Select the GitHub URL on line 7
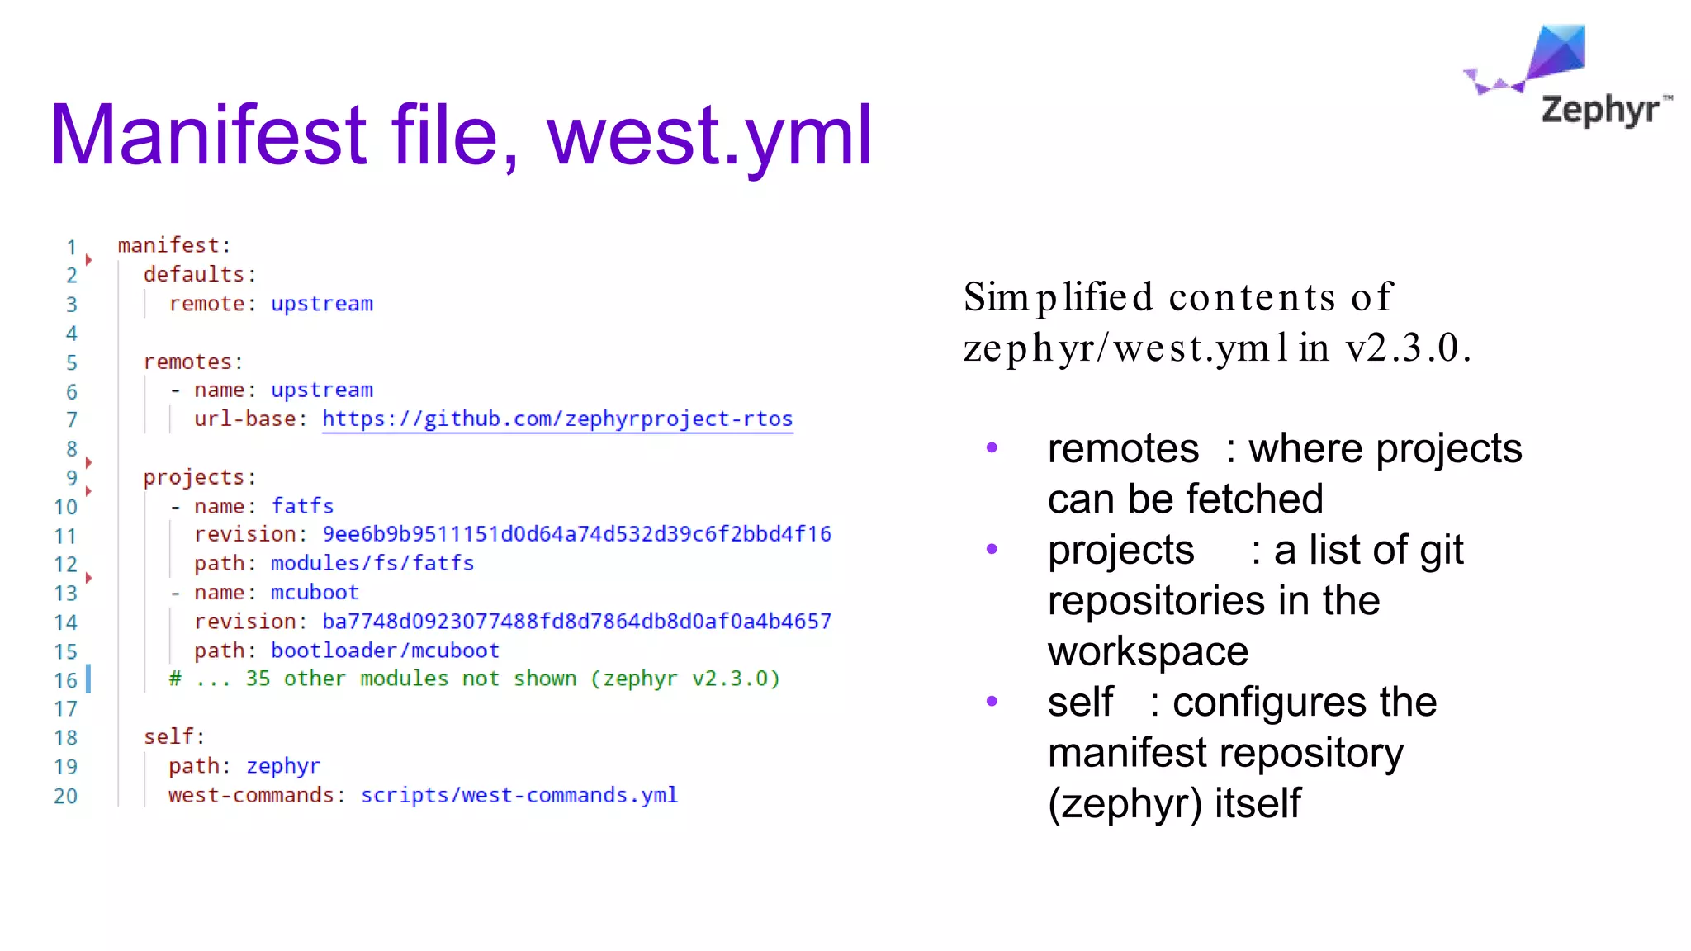tap(557, 419)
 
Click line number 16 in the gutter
tap(65, 680)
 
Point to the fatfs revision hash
tap(576, 534)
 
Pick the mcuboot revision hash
tap(576, 622)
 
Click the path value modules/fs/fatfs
tap(372, 563)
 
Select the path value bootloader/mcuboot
tap(385, 651)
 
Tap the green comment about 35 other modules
tap(474, 679)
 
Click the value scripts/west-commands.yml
tap(519, 795)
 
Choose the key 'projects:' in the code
tap(199, 477)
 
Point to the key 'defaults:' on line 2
tap(199, 274)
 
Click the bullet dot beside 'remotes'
tap(992, 448)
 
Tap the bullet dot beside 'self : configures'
tap(992, 702)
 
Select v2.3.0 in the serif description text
tap(1407, 348)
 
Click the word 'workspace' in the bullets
tap(1148, 651)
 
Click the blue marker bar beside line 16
tap(88, 679)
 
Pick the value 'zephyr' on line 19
tap(283, 766)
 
